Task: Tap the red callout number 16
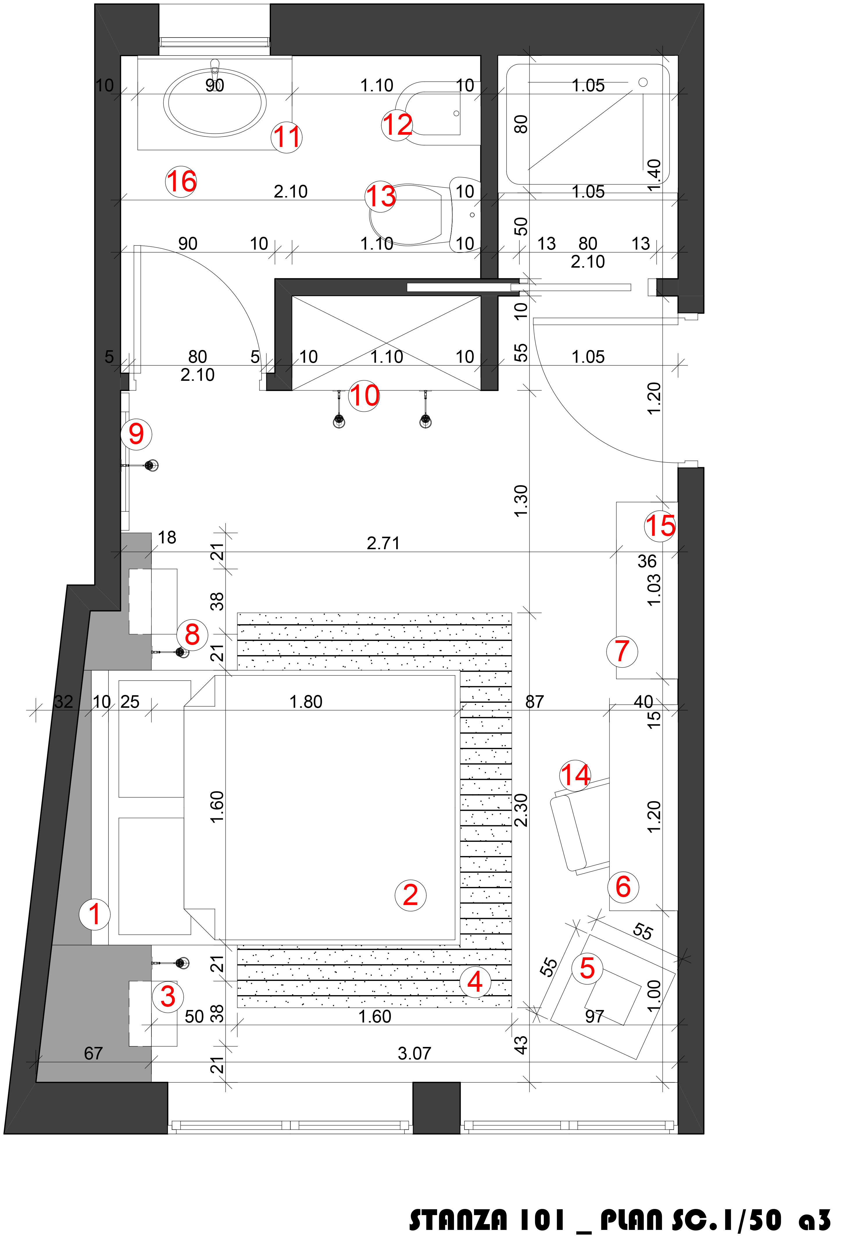pos(181,182)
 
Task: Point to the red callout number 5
pos(587,968)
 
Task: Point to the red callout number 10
pos(364,396)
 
